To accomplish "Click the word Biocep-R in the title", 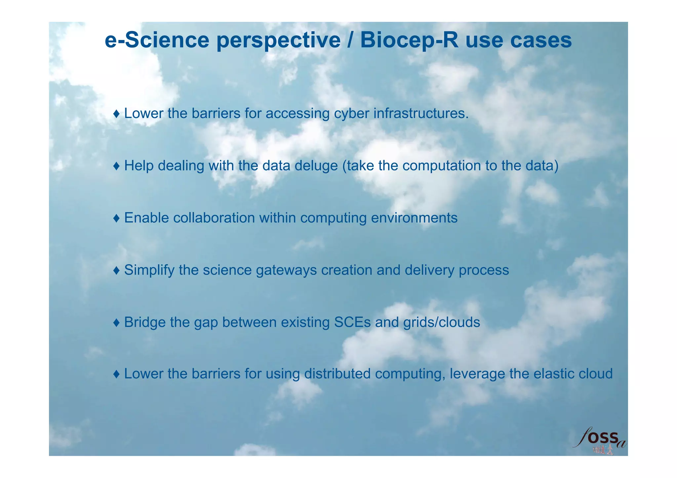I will coord(409,40).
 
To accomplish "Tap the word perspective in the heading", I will coord(279,41).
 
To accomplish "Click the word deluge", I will coord(316,166).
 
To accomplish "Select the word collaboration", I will coord(214,218).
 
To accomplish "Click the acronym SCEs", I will coord(352,322).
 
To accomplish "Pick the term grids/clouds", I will coord(442,322).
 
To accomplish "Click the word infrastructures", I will coord(421,113).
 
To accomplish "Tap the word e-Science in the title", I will coord(157,40).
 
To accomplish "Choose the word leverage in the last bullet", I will coord(477,374).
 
